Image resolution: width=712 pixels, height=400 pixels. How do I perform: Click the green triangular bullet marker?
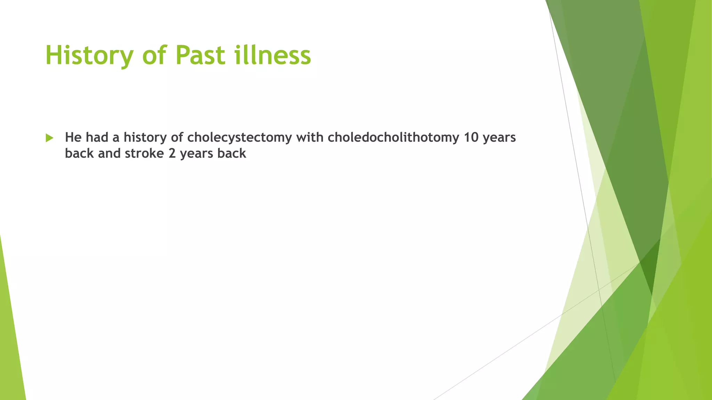(x=49, y=138)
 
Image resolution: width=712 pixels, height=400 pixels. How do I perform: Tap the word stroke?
(x=144, y=153)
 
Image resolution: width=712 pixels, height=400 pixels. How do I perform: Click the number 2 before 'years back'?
(x=172, y=153)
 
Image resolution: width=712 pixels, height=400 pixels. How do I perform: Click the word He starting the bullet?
(x=73, y=137)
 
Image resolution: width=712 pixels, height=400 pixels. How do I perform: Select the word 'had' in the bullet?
(x=97, y=137)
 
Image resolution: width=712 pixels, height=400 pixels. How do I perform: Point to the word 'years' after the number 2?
(x=196, y=153)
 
